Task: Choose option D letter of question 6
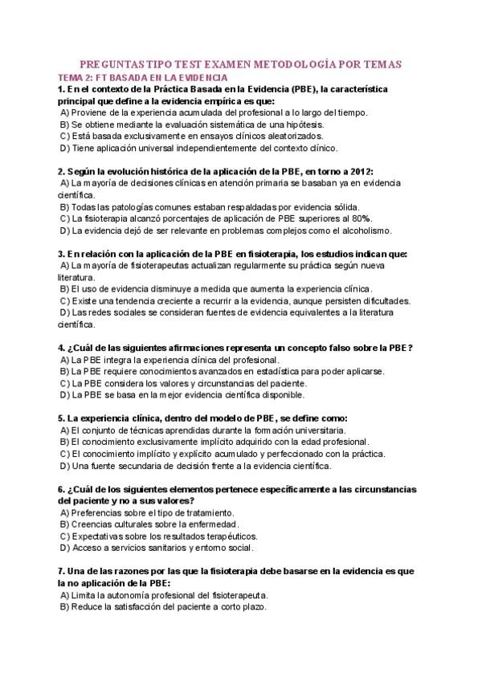coord(64,548)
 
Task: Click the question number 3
coord(61,254)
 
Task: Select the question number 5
coord(61,418)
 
